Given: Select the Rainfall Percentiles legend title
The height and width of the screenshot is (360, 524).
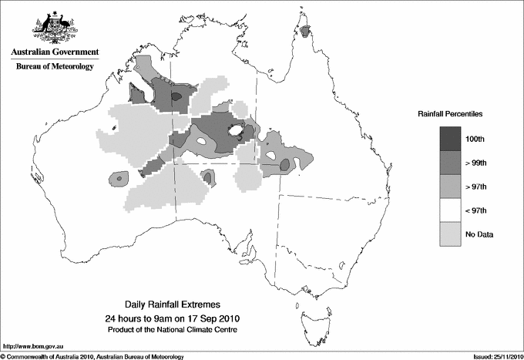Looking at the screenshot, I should coord(450,113).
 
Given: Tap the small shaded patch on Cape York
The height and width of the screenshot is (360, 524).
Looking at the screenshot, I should coord(307,32).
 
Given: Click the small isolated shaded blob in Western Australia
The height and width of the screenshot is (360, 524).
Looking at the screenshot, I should coord(118,178).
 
